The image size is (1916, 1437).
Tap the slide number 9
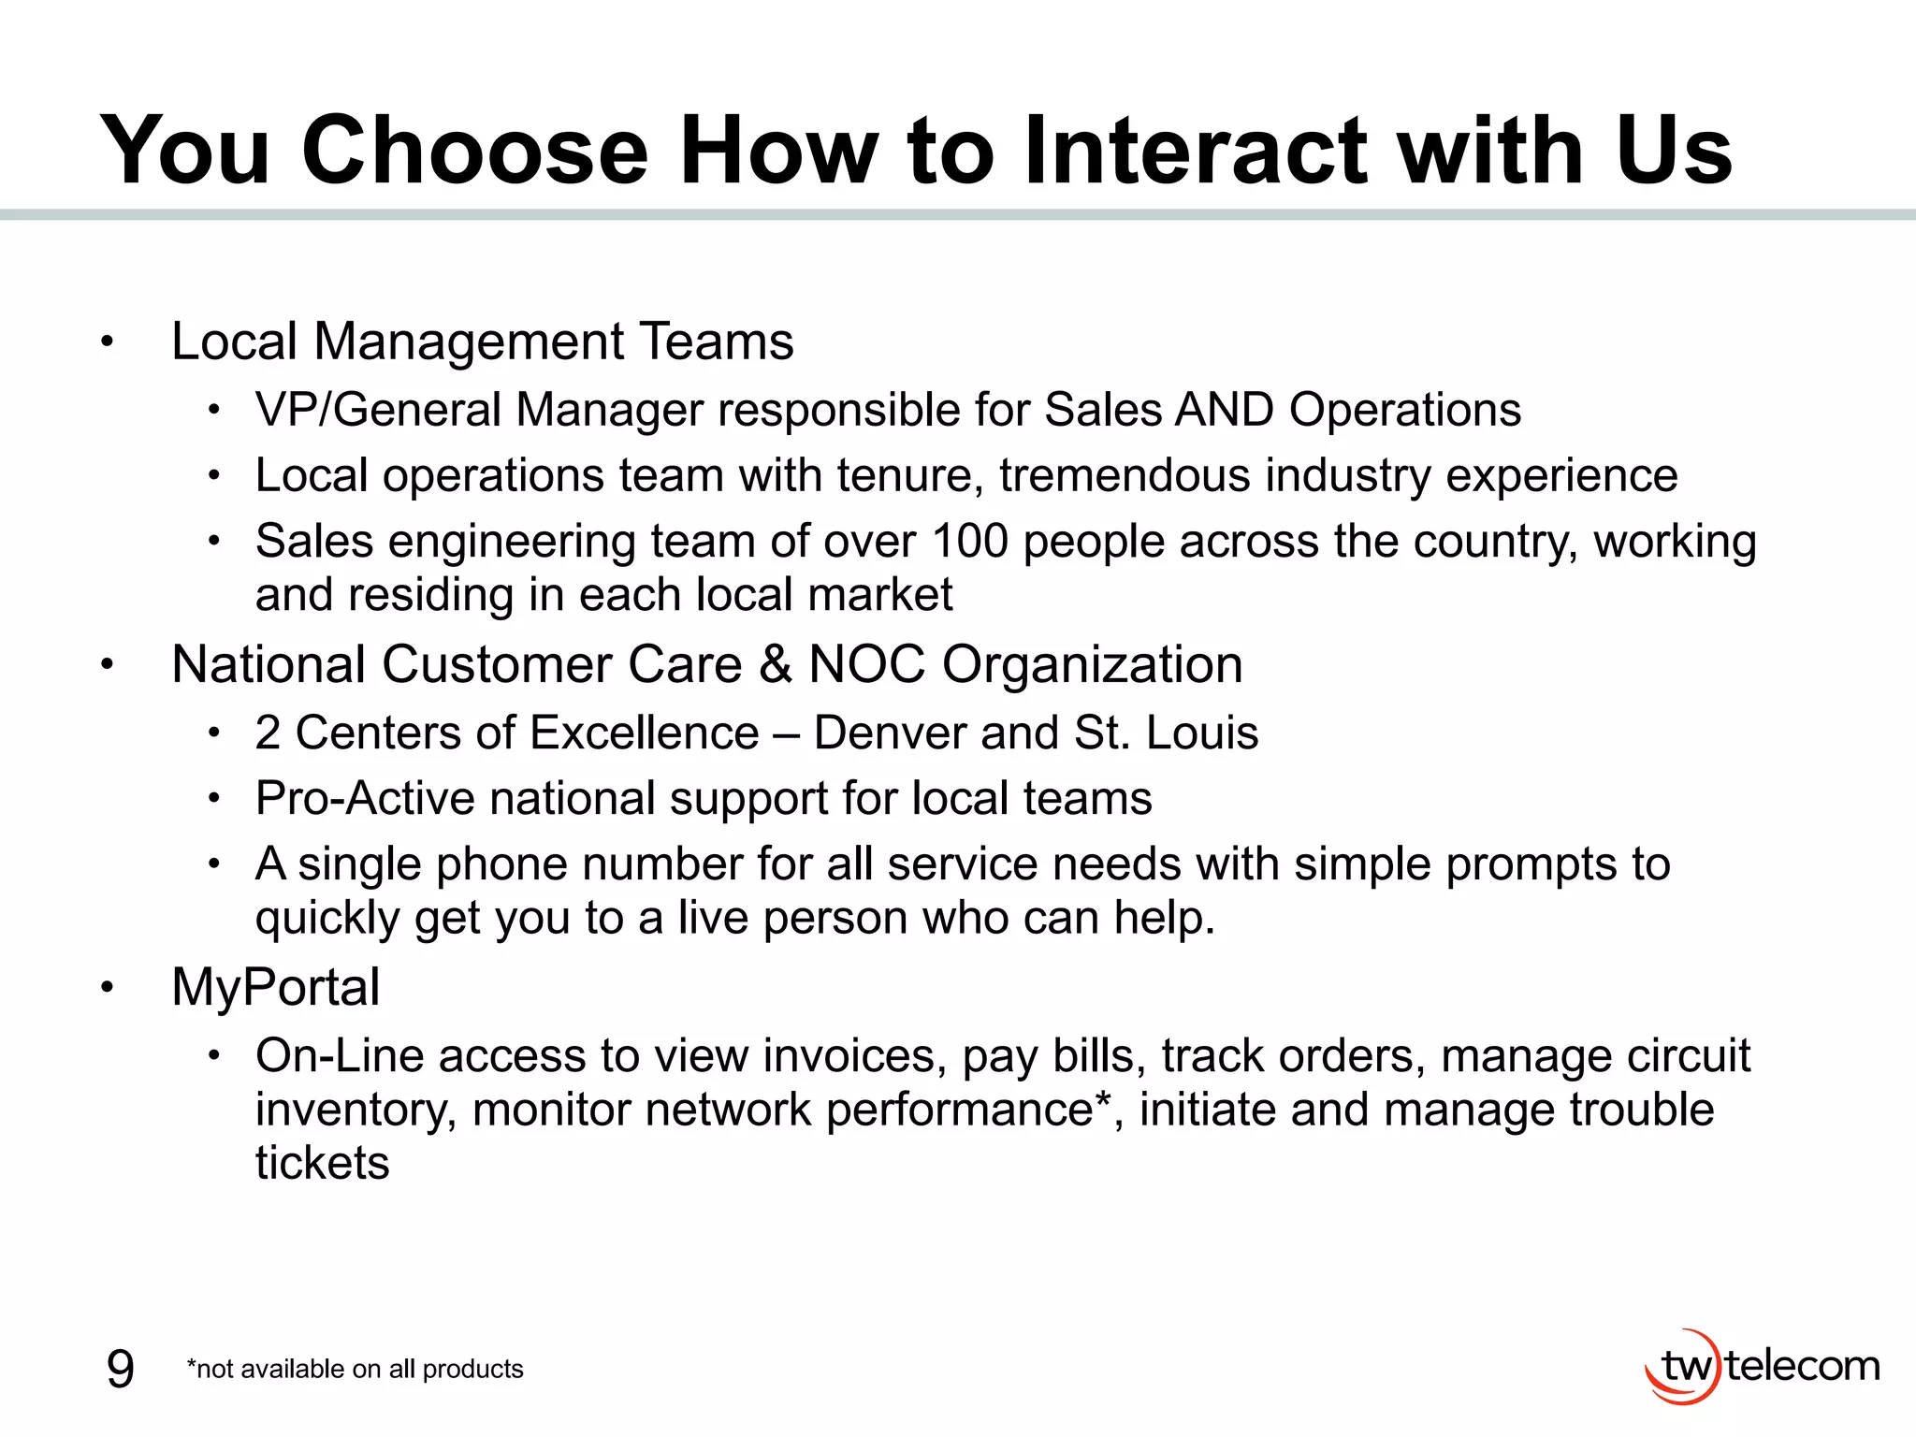121,1370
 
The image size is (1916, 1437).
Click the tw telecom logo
1762,1367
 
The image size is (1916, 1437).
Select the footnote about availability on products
356,1370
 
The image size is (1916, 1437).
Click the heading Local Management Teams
482,341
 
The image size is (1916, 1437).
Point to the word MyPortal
276,988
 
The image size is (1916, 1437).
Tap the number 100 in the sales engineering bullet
970,542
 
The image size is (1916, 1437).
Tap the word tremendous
1124,475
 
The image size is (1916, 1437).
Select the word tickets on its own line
322,1164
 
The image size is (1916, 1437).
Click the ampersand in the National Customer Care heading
775,665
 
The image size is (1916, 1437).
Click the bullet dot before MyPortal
108,988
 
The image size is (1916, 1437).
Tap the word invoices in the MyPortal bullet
849,1056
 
